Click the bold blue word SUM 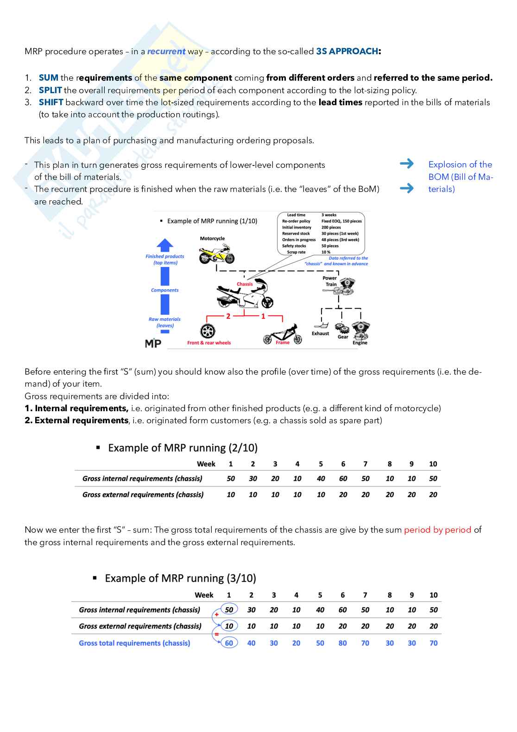(x=49, y=78)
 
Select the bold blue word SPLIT (x=50, y=90)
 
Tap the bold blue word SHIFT (x=51, y=102)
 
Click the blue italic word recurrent (x=166, y=51)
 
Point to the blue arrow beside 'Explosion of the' (x=407, y=164)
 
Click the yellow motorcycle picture (x=217, y=254)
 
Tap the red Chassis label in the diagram (x=245, y=284)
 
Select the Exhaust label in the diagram (x=320, y=334)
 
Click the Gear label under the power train (x=343, y=337)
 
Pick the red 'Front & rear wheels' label (x=209, y=343)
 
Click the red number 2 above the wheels (x=228, y=316)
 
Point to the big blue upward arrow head (x=165, y=245)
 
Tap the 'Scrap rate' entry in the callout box (x=296, y=252)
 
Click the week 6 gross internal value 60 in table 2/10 (x=343, y=479)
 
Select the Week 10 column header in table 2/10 (x=433, y=464)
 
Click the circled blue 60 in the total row (x=229, y=643)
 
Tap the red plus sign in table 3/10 (x=216, y=615)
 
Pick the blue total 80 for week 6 (x=342, y=643)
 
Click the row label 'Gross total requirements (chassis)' (x=134, y=643)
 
